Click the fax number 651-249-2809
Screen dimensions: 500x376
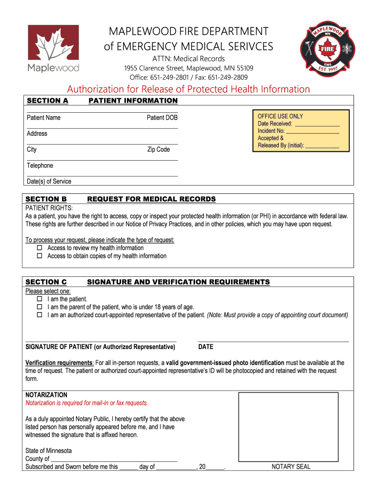228,77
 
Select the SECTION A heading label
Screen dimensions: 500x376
47,101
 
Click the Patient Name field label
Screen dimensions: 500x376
43,118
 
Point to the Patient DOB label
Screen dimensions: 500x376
162,118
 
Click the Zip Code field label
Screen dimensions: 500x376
158,149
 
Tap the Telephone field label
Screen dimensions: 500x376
40,166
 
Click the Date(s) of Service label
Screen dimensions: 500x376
49,181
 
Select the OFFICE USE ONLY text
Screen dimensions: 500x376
280,116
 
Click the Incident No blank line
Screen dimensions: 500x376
313,131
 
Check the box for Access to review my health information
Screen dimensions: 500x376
40,248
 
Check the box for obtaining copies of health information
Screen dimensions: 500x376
40,256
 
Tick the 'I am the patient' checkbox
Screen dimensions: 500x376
40,299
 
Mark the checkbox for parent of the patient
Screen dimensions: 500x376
40,307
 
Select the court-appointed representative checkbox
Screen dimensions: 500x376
40,315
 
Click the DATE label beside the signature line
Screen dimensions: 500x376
206,347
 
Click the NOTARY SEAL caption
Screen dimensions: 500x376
291,467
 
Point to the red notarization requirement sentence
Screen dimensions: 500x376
86,403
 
